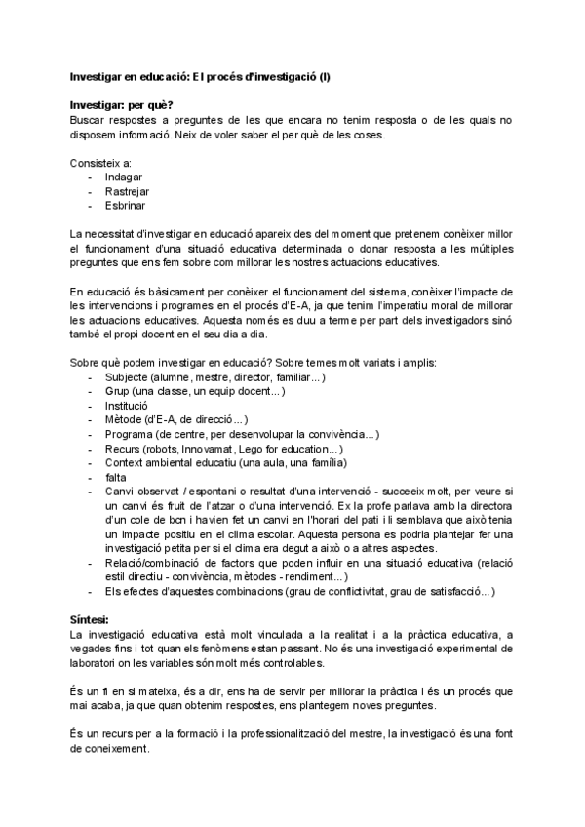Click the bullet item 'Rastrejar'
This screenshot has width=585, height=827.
coord(129,191)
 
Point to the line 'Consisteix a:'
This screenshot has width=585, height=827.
coord(101,162)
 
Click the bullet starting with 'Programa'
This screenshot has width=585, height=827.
coord(242,434)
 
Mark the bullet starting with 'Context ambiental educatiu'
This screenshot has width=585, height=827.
coord(225,462)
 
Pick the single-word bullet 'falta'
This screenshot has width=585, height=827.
coord(116,477)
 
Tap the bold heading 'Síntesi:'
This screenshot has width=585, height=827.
coord(90,620)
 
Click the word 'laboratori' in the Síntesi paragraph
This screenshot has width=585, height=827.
coord(97,663)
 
